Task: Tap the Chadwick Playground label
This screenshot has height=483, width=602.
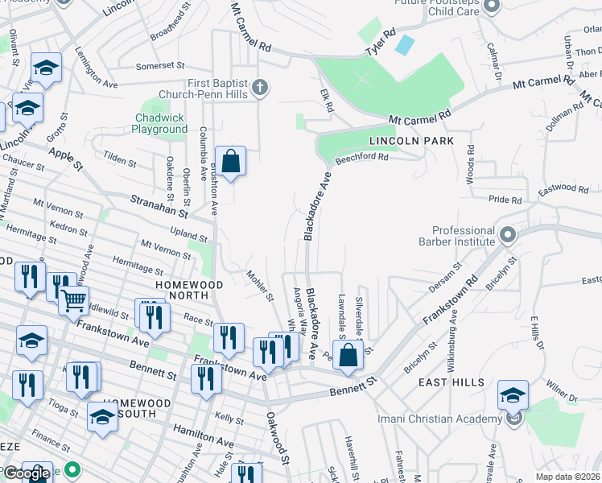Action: pos(159,123)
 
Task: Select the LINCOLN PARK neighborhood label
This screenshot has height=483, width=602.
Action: pos(411,141)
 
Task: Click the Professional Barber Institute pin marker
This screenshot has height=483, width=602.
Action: pos(508,235)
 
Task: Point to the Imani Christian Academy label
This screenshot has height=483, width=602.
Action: pos(433,418)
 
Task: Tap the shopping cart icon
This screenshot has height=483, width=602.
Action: pos(73,301)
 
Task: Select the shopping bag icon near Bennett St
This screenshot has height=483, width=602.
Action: pos(348,356)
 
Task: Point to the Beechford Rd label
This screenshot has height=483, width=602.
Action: pos(361,158)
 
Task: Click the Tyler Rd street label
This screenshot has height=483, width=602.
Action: pos(380,45)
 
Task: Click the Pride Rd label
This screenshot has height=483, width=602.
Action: pos(505,199)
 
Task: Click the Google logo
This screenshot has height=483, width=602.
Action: pos(27,473)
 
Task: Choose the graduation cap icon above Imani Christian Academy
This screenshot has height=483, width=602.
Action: pos(513,394)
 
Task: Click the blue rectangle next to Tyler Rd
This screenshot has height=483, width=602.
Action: pos(406,43)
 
